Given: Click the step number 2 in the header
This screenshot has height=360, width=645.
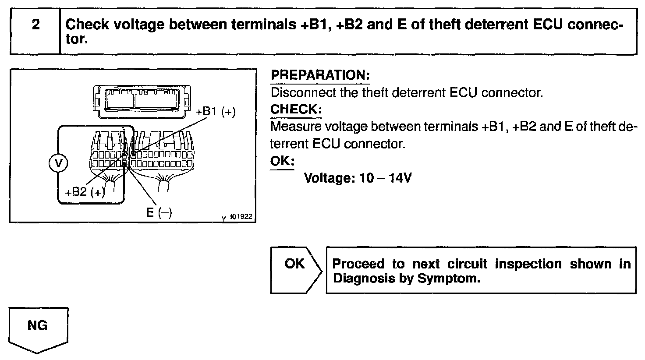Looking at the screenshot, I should coord(35,25).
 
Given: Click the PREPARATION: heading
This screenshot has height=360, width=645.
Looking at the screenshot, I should coord(320,75).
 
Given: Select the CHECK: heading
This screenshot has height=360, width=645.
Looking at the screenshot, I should coord(296,109).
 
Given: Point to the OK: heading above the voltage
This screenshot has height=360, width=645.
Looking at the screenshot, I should coord(282,161).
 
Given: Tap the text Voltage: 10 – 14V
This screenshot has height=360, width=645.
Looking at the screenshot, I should coord(358,178).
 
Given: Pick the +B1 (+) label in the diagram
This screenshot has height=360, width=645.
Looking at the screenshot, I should coord(216,112).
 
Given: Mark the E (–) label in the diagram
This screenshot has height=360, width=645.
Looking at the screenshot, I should coord(159,212).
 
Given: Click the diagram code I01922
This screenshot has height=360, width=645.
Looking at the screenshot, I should coord(241,217).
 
